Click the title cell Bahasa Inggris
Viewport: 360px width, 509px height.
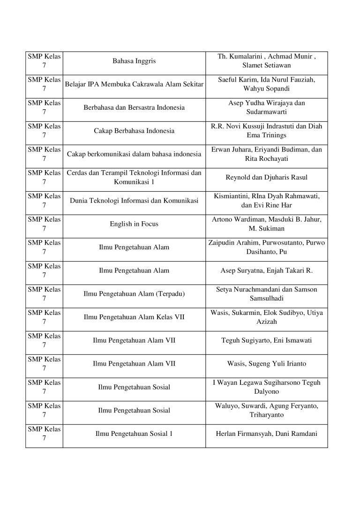pyautogui.click(x=134, y=61)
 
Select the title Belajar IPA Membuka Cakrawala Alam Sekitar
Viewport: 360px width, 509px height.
pyautogui.click(x=134, y=84)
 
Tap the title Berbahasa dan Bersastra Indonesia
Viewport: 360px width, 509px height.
pyautogui.click(x=134, y=107)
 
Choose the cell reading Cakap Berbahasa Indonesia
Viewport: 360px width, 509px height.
pyautogui.click(x=134, y=131)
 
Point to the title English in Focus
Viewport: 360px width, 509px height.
pyautogui.click(x=134, y=224)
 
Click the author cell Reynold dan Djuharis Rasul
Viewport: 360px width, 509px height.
pyautogui.click(x=266, y=178)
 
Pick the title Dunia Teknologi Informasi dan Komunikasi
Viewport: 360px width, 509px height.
pyautogui.click(x=134, y=201)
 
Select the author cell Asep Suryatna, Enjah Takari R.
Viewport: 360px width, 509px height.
pyautogui.click(x=266, y=270)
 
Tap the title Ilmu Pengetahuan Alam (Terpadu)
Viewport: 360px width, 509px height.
pyautogui.click(x=134, y=294)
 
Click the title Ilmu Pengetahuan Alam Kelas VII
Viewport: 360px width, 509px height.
pyautogui.click(x=134, y=317)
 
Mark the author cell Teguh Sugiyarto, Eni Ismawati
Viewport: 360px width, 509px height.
pyautogui.click(x=266, y=341)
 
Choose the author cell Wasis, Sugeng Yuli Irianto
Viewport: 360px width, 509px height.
pyautogui.click(x=266, y=364)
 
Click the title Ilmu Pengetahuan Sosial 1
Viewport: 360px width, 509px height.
pyautogui.click(x=134, y=434)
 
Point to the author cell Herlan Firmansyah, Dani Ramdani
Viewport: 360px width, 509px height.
pyautogui.click(x=266, y=434)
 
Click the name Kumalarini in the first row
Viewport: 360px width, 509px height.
pyautogui.click(x=248, y=56)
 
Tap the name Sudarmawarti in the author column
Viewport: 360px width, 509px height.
pyautogui.click(x=266, y=112)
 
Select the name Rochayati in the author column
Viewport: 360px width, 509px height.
pyautogui.click(x=266, y=159)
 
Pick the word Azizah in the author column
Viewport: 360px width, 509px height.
pyautogui.click(x=266, y=322)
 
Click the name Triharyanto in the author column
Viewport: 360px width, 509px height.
pyautogui.click(x=266, y=415)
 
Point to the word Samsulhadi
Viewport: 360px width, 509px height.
pyautogui.click(x=266, y=299)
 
